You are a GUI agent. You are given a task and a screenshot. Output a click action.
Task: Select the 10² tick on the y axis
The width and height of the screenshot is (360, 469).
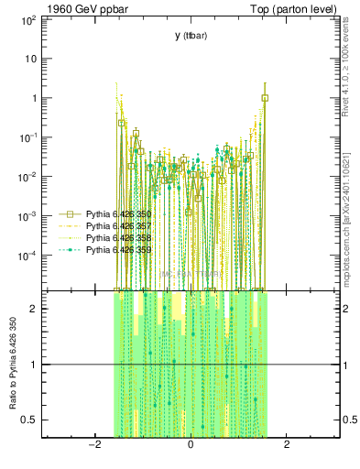[27, 19]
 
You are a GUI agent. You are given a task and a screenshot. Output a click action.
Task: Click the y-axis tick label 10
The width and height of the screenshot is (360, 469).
[29, 59]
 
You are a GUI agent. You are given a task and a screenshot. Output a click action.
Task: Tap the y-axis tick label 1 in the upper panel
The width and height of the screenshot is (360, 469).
[33, 98]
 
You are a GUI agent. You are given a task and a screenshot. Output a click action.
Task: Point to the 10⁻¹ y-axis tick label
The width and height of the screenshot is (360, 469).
[27, 137]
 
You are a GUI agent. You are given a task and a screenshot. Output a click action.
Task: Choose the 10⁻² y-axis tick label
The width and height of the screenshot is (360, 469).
[27, 177]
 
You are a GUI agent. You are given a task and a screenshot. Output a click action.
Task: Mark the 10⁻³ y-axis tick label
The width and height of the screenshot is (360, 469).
[27, 216]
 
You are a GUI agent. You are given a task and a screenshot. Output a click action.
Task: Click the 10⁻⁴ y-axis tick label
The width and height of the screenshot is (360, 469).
[27, 256]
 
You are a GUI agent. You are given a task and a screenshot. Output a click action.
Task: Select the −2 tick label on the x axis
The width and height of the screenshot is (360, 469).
[93, 445]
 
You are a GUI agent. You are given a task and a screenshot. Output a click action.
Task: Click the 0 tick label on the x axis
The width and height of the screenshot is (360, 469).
[191, 445]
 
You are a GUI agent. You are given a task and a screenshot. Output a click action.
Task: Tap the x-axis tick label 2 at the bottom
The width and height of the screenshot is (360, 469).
[288, 445]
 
